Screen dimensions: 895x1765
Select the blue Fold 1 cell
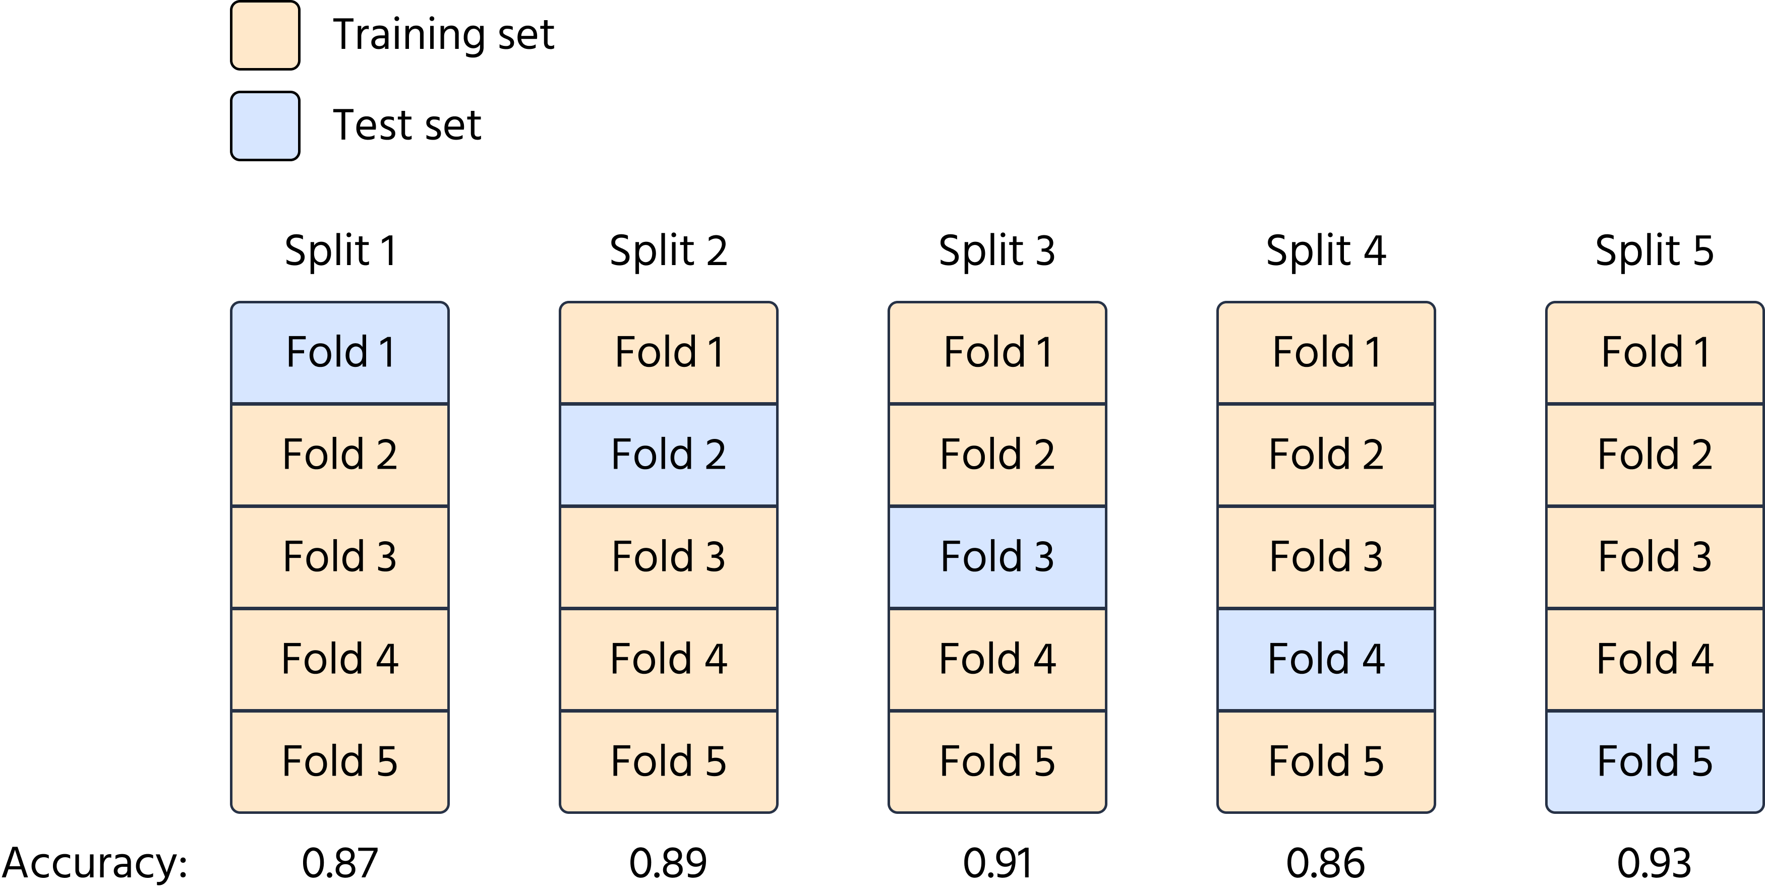(340, 353)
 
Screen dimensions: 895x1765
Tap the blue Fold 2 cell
(668, 455)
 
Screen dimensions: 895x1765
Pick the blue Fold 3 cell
(997, 557)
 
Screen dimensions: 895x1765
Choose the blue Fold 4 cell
(1326, 659)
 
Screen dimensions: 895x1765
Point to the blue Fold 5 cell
(1655, 761)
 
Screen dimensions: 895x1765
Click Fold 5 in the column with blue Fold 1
(340, 761)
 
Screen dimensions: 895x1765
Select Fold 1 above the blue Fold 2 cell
(668, 353)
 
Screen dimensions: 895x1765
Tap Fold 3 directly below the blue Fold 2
(668, 557)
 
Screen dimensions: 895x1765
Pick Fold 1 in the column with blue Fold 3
(997, 353)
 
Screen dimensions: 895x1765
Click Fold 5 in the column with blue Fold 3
(997, 761)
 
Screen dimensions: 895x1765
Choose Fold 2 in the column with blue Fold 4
(1326, 455)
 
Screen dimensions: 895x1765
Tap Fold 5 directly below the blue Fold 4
(1326, 761)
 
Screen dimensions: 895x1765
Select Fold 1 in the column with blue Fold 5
(1655, 353)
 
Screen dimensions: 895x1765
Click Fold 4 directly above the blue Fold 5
(1655, 659)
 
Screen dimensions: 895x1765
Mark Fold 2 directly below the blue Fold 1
(340, 455)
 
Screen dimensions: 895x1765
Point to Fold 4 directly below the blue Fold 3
(997, 659)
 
